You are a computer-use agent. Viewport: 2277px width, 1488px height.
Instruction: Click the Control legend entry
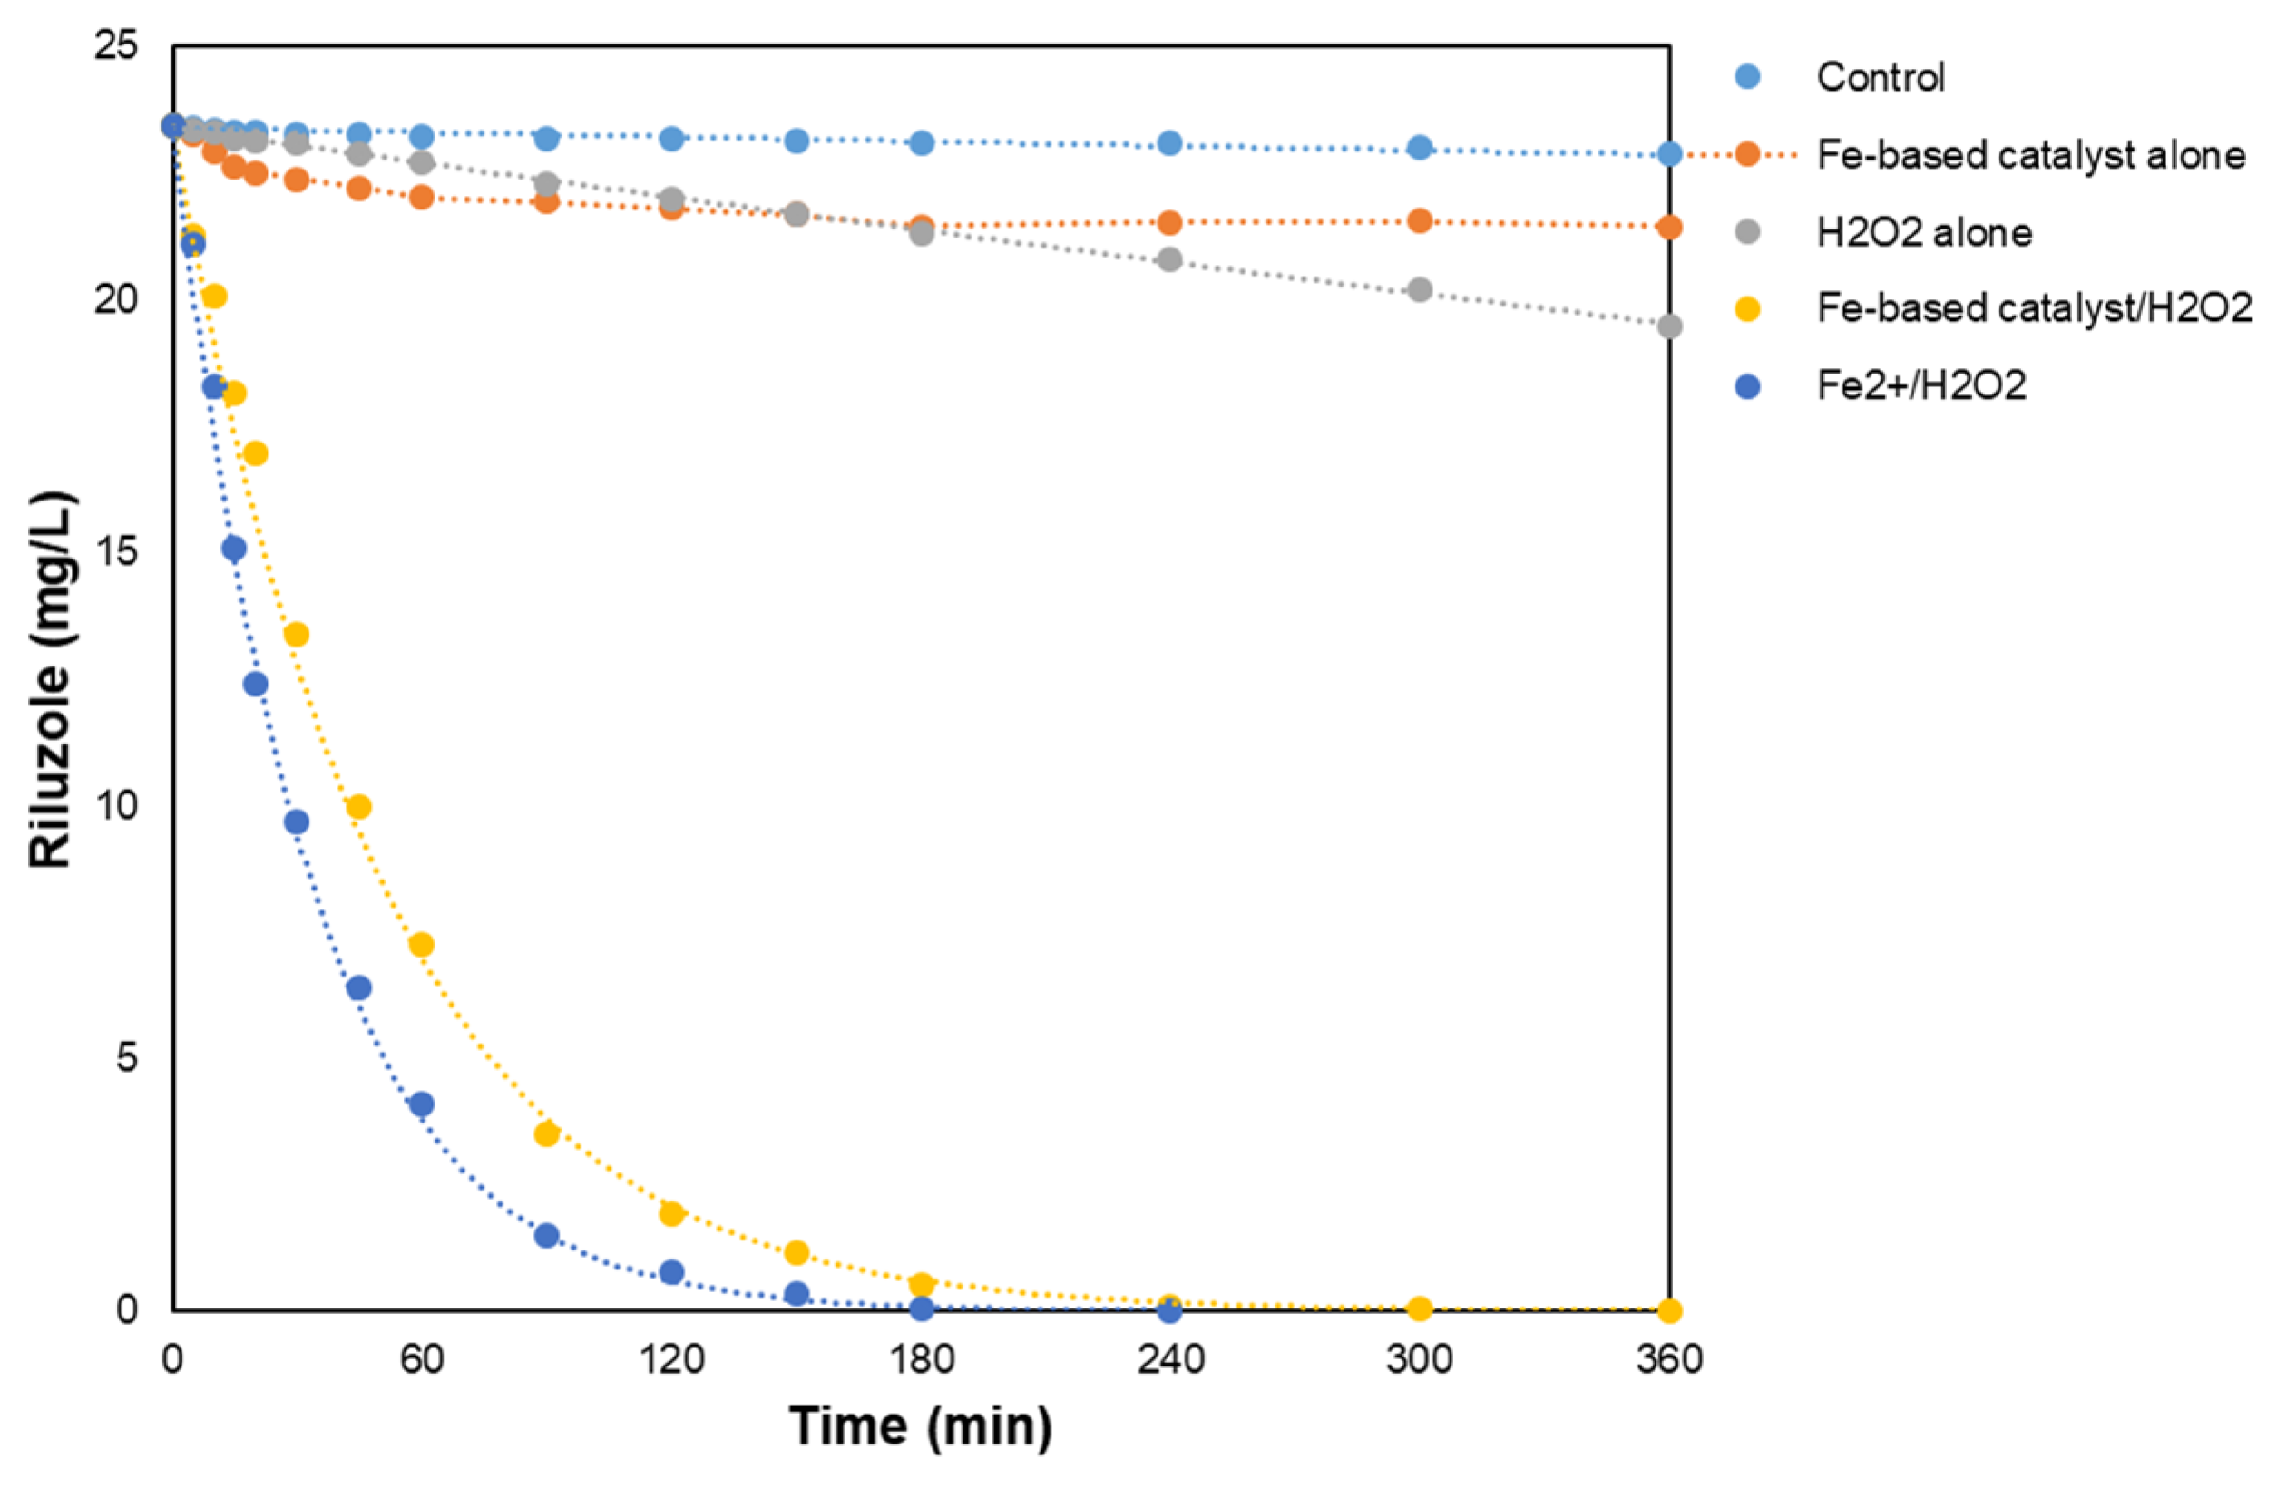(1880, 77)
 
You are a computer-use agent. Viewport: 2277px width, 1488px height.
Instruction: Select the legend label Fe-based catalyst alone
(2030, 155)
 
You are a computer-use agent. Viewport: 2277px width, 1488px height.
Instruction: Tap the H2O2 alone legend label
(1924, 232)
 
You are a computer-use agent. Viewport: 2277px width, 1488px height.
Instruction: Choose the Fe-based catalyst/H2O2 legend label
(2034, 308)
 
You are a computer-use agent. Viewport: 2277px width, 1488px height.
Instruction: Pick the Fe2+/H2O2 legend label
(1921, 385)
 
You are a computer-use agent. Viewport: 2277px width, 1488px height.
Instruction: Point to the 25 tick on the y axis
(116, 45)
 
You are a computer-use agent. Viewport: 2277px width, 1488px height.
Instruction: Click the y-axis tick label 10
(116, 805)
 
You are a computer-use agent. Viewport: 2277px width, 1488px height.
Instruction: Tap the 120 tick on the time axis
(671, 1359)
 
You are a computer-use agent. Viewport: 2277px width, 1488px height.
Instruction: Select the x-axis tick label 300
(1420, 1359)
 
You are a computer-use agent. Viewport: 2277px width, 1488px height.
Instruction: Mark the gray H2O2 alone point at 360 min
(1669, 327)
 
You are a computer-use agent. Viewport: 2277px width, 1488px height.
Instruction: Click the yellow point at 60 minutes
(421, 945)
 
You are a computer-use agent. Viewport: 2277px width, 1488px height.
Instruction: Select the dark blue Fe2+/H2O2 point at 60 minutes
(421, 1104)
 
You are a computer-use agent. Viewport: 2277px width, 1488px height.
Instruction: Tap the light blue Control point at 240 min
(1169, 143)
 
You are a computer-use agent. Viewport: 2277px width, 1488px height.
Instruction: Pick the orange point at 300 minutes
(1420, 221)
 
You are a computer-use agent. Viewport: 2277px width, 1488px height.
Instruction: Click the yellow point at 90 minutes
(546, 1134)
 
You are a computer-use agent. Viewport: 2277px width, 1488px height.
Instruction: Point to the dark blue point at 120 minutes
(671, 1273)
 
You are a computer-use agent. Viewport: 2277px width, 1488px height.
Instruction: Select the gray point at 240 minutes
(1169, 260)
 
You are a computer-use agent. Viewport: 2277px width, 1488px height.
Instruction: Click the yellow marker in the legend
(1748, 309)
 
